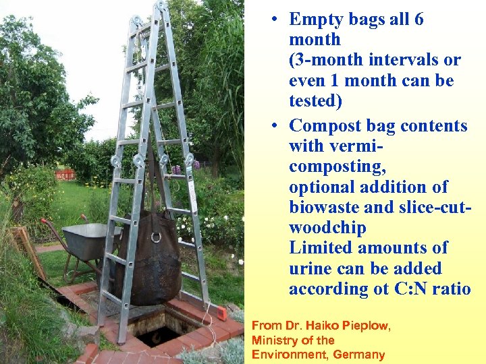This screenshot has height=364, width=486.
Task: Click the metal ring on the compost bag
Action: (x=156, y=237)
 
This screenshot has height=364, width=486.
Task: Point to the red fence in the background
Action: (x=65, y=175)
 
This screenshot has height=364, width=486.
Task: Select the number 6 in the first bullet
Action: (x=418, y=20)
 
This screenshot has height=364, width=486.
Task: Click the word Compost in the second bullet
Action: (x=324, y=126)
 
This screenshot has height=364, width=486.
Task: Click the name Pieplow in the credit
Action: (x=365, y=326)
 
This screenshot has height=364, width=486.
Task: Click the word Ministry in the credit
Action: (x=273, y=340)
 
